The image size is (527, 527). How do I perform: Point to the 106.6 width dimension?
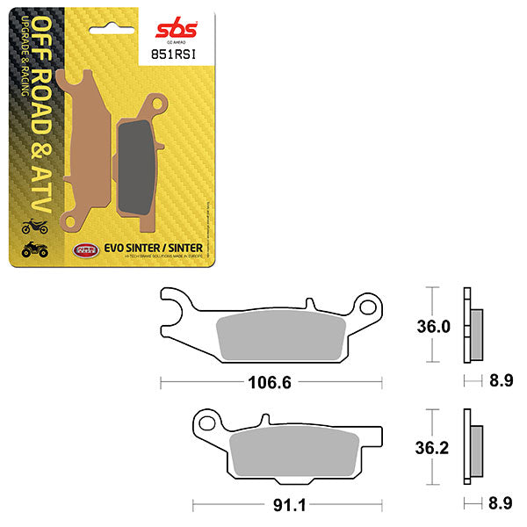(x=270, y=383)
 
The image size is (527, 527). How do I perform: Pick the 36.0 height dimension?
(x=433, y=327)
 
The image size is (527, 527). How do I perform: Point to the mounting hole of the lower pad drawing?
(x=207, y=423)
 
